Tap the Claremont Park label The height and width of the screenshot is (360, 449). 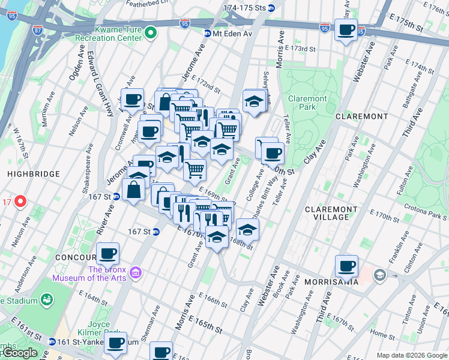tap(307, 103)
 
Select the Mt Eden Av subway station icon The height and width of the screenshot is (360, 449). tap(208, 34)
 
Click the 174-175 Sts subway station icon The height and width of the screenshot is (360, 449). tap(271, 8)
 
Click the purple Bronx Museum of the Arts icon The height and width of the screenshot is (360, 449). tap(136, 273)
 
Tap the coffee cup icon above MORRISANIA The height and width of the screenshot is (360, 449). tap(346, 266)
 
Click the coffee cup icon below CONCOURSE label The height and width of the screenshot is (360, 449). tap(108, 253)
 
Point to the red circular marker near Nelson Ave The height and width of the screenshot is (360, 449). tap(20, 201)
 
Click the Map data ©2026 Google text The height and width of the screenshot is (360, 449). tap(411, 355)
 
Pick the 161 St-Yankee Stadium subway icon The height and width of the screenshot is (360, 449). tap(53, 341)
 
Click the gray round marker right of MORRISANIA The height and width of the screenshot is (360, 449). tap(379, 275)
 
